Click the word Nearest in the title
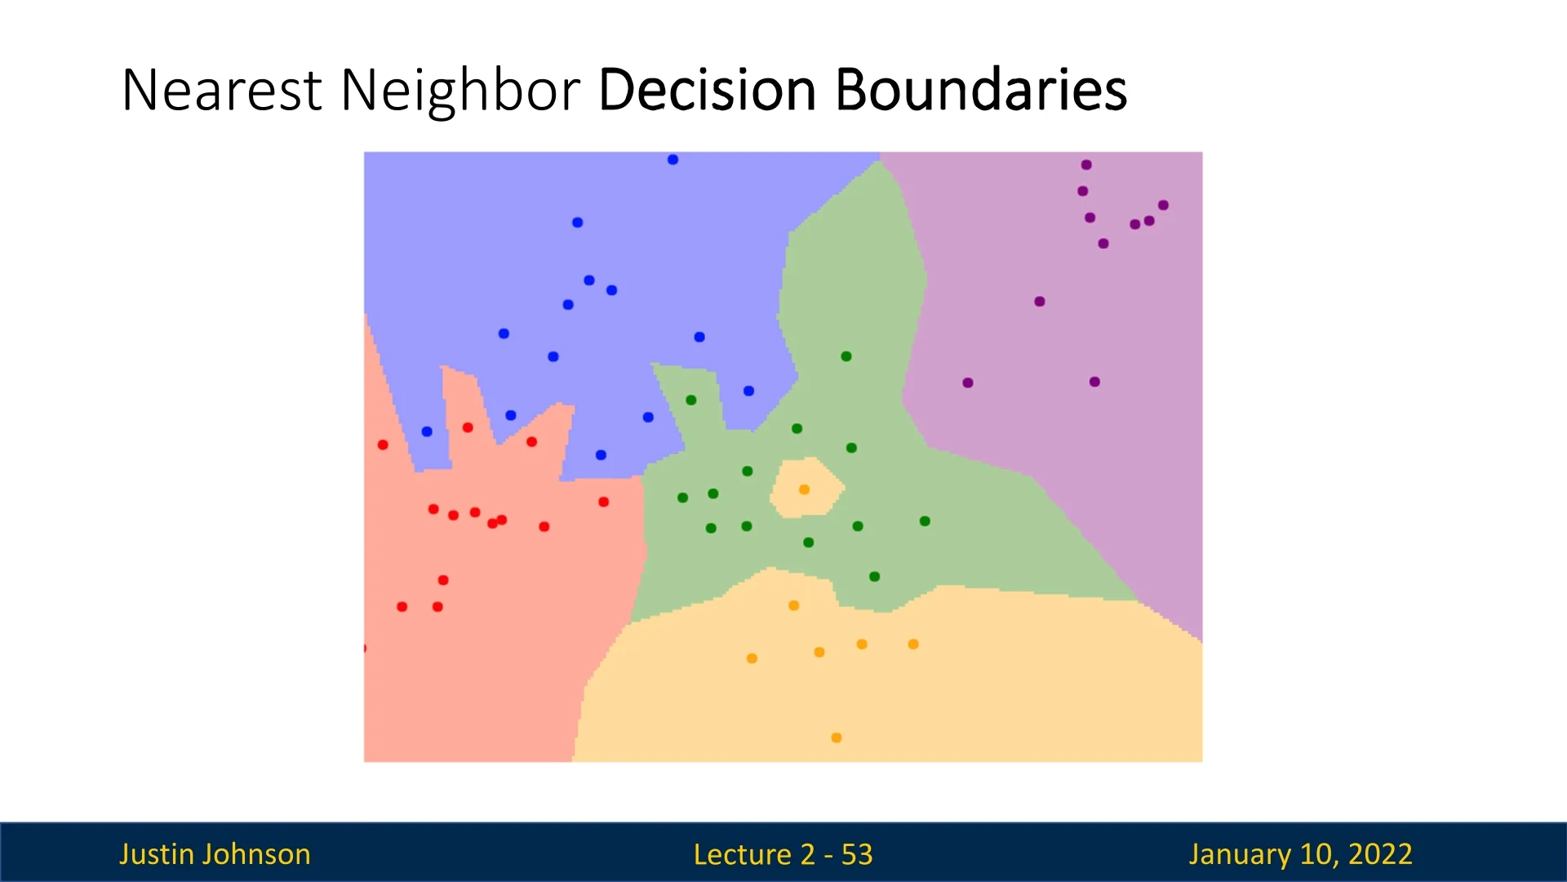coord(221,89)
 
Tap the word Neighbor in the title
coord(460,91)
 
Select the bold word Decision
coord(707,89)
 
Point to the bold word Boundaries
coord(981,89)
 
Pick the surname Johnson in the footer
coord(255,854)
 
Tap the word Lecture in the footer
coord(743,854)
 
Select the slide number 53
coord(857,854)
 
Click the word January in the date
coord(1240,854)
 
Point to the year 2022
coord(1380,854)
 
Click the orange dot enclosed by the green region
coord(804,489)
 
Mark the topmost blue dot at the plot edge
coord(673,159)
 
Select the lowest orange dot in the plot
coord(836,737)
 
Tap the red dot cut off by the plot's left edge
coord(365,648)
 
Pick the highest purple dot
coord(1086,164)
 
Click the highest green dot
coord(846,356)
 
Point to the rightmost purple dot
coord(1163,205)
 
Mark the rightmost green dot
coord(925,521)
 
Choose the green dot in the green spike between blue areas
coord(691,400)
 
